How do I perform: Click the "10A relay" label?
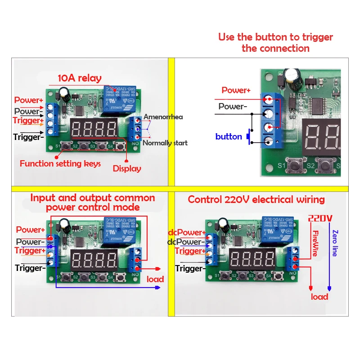pyautogui.click(x=79, y=78)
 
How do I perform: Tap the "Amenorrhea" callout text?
pyautogui.click(x=163, y=117)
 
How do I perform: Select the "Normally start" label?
pyautogui.click(x=165, y=143)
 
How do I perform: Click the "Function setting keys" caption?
pyautogui.click(x=55, y=164)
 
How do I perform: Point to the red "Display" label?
pyautogui.click(x=127, y=169)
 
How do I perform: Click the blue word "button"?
pyautogui.click(x=229, y=137)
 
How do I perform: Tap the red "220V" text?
pyautogui.click(x=320, y=219)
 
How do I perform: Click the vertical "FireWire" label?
pyautogui.click(x=315, y=243)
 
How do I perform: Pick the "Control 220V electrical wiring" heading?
pyautogui.click(x=256, y=199)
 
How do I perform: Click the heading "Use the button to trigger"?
pyautogui.click(x=275, y=37)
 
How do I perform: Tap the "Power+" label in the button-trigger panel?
pyautogui.click(x=236, y=90)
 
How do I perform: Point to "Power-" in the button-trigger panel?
pyautogui.click(x=233, y=107)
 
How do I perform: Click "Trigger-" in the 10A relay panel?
pyautogui.click(x=28, y=137)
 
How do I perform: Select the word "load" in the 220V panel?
pyautogui.click(x=319, y=297)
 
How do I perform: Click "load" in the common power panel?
pyautogui.click(x=155, y=279)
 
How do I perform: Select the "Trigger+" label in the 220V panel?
pyautogui.click(x=190, y=251)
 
